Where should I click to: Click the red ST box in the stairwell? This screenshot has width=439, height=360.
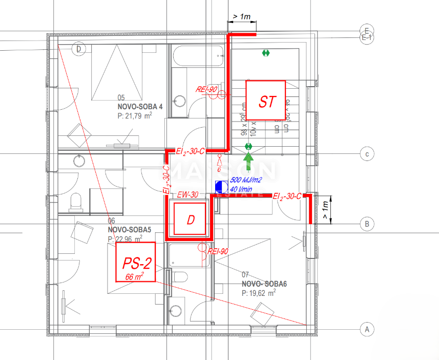coord(265,101)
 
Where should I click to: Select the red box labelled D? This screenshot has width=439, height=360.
coord(190,219)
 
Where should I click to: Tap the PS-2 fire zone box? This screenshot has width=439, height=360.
coord(136,262)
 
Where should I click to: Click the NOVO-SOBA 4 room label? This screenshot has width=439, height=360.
coord(140,107)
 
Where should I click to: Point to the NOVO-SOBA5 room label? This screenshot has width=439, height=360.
coord(130,230)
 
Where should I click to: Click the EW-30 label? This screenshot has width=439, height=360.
coord(187,194)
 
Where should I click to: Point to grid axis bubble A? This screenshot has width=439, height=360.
coord(366,329)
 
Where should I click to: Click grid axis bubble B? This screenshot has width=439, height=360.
coord(366,224)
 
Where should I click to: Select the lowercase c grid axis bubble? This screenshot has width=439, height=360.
coord(366,153)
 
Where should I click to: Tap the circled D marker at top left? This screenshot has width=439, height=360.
coord(79,49)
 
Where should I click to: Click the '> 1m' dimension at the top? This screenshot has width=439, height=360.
coord(241,16)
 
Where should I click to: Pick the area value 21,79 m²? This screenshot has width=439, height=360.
coord(134,116)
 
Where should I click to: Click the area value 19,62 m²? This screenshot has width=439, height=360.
coord(259,293)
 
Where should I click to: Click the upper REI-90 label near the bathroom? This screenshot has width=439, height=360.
coord(207,89)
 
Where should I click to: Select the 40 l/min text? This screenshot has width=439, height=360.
coord(242,189)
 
